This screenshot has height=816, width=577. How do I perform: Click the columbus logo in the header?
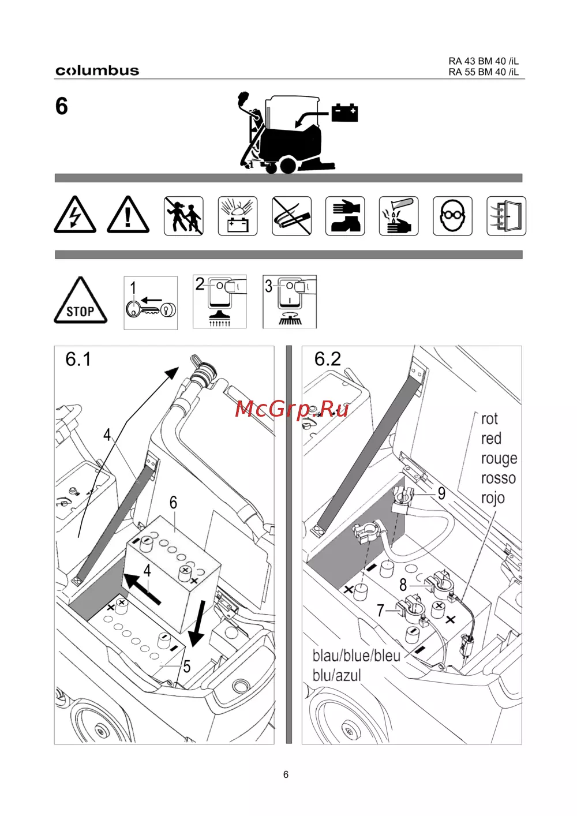tap(98, 70)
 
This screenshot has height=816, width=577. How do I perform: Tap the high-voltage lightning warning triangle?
tap(75, 215)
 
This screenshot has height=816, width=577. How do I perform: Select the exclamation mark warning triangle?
tap(128, 215)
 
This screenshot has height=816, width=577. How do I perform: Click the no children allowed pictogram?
tap(183, 216)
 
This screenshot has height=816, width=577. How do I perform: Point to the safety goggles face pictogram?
tap(452, 216)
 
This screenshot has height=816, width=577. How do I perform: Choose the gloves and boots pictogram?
tap(345, 216)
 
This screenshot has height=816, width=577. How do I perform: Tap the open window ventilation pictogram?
tap(507, 216)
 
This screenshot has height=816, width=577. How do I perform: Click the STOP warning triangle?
tap(81, 301)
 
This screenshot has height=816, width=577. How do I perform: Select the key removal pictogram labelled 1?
tap(151, 303)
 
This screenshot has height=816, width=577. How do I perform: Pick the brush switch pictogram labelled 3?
tap(290, 302)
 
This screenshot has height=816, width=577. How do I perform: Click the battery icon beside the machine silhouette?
tap(344, 113)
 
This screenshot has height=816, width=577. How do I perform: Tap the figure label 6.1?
tap(78, 359)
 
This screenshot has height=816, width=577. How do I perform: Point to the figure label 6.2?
tap(328, 359)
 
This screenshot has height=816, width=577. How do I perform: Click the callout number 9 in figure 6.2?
tap(441, 493)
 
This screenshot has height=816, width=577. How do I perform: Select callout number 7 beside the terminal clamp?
tap(381, 611)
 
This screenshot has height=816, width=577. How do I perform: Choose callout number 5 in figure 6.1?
tap(187, 667)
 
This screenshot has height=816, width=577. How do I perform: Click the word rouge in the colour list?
tap(499, 459)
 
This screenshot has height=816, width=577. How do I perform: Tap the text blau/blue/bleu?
tap(357, 656)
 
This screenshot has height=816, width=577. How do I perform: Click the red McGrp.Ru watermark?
tap(292, 409)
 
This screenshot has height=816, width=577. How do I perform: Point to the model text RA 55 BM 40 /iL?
tap(484, 72)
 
